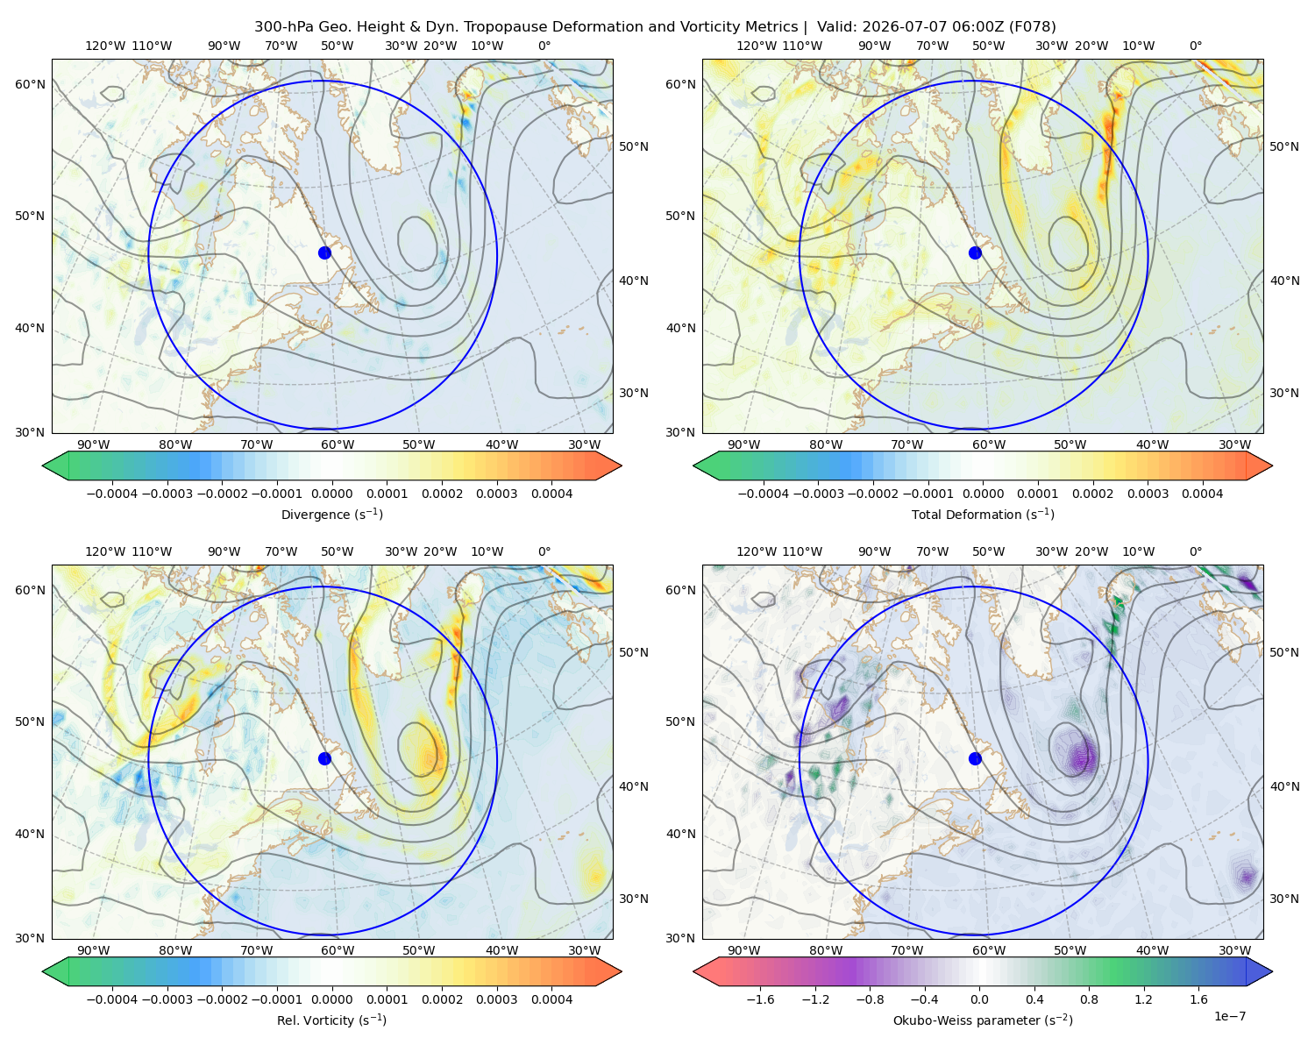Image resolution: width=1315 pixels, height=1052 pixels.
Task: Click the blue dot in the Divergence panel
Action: coord(324,252)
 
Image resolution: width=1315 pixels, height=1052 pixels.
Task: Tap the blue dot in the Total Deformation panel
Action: coord(975,252)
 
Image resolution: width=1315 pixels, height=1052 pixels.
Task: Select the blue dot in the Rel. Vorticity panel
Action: coord(324,758)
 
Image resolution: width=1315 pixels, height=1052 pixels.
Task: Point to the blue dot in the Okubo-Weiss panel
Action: coord(975,758)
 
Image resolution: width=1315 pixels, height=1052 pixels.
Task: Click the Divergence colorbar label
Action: coord(331,515)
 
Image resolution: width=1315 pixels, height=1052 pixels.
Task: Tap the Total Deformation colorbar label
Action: coord(983,515)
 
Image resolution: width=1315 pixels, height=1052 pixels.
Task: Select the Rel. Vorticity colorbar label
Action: coord(331,1020)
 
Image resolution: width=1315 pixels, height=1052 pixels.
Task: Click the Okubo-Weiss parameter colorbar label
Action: coord(983,1020)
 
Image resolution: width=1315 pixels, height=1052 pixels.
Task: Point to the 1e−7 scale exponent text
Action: coord(1229,1016)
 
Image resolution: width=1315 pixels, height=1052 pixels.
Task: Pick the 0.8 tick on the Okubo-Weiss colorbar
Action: coord(1089,999)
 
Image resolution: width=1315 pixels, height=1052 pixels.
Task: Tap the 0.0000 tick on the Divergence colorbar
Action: coord(331,494)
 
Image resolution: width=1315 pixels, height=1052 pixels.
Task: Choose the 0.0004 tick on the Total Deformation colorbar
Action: coord(1202,494)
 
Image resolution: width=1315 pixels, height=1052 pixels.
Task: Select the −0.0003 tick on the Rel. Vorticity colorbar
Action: coord(167,999)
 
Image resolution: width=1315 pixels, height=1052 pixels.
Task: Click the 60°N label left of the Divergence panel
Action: coord(30,84)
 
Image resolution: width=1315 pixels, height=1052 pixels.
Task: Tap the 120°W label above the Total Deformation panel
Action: coord(756,46)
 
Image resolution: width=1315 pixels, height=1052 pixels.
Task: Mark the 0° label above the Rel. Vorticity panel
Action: coord(544,551)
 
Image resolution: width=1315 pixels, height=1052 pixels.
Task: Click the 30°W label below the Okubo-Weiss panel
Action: coord(1234,950)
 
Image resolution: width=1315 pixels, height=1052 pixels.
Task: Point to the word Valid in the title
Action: coord(834,27)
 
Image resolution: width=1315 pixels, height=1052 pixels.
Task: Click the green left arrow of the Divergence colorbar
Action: coord(55,466)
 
